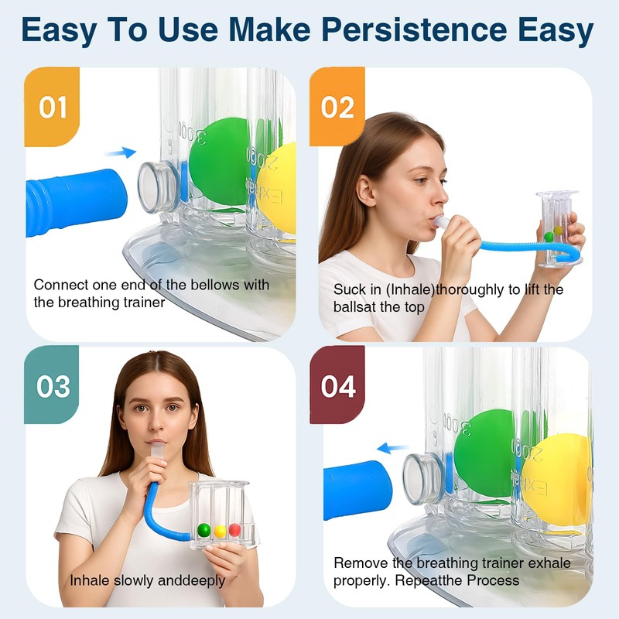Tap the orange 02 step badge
pyautogui.click(x=337, y=107)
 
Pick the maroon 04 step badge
pyautogui.click(x=337, y=385)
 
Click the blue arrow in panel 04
pyautogui.click(x=393, y=447)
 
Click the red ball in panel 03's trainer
pyautogui.click(x=234, y=530)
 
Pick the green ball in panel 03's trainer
pyautogui.click(x=204, y=530)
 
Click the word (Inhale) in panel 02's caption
pyautogui.click(x=398, y=289)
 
